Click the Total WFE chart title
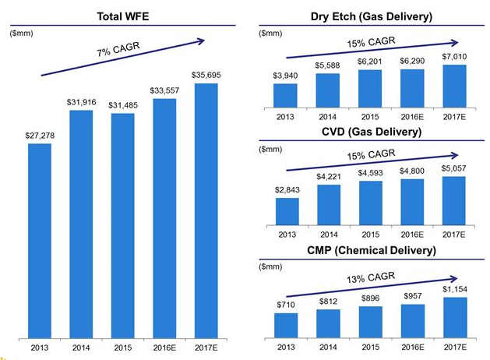coord(123,16)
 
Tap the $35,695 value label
coord(206,74)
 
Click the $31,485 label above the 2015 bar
coord(123,105)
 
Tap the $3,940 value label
coord(286,75)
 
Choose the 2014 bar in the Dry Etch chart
coord(328,90)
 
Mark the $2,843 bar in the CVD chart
coord(286,211)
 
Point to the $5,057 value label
coord(454,168)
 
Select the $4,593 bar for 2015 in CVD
coord(370,203)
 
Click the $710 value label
coord(286,305)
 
